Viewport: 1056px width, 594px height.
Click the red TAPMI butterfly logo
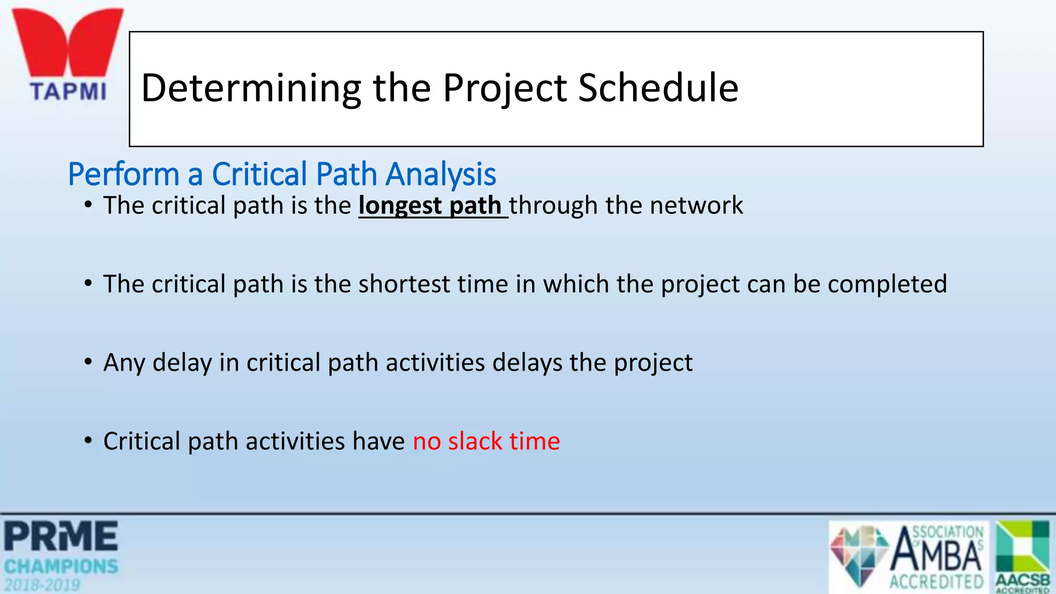tap(68, 44)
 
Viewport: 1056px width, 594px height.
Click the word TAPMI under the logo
tap(68, 92)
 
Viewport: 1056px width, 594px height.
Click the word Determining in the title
tap(251, 88)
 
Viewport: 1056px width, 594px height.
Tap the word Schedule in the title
tap(658, 88)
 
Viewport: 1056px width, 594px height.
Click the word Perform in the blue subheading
tap(123, 174)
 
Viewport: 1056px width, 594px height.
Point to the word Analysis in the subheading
tap(441, 174)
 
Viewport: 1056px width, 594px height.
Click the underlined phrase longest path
tap(431, 206)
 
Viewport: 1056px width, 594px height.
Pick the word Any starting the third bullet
tap(124, 362)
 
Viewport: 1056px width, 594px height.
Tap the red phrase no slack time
tap(486, 441)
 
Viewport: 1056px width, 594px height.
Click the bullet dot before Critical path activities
tap(88, 441)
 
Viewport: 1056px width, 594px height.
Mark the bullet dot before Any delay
tap(88, 362)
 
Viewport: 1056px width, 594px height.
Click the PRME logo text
tap(61, 537)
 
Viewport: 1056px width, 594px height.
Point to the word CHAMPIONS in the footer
tap(61, 567)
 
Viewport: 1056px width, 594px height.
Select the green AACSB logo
tap(1023, 556)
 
